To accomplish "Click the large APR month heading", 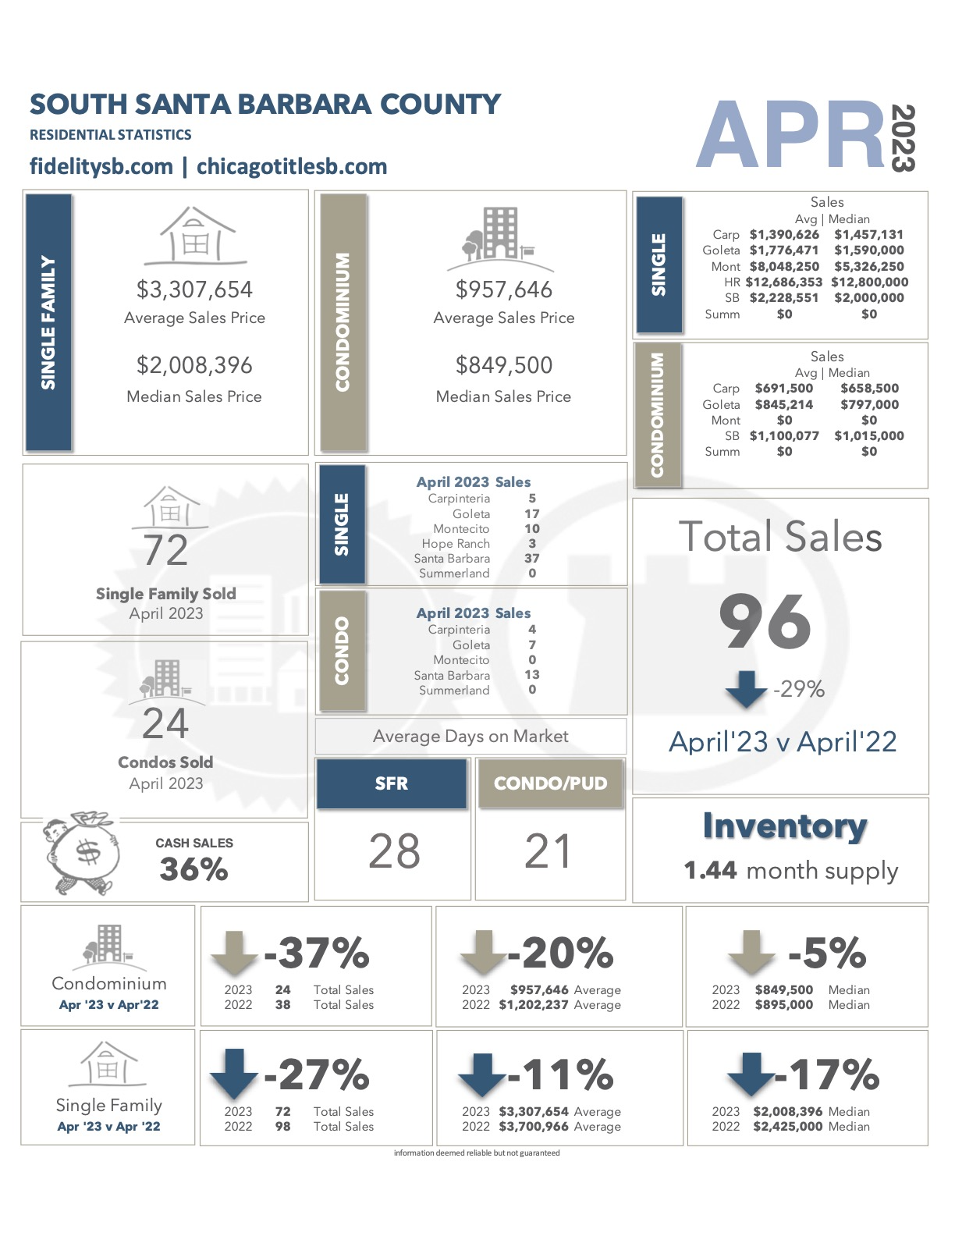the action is click(790, 135).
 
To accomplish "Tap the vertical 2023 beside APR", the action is click(903, 137).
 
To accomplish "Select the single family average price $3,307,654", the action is click(194, 289).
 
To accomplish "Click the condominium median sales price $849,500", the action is click(504, 365).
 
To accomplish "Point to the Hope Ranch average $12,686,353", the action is click(784, 282).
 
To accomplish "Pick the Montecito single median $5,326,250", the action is click(869, 266).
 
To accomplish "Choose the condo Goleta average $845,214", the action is click(784, 404).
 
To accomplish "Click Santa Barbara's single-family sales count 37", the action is click(532, 559).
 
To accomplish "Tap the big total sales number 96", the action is click(765, 621).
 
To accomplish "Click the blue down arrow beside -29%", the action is click(746, 689).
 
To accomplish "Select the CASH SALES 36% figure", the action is click(194, 869).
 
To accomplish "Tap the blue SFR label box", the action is click(392, 783).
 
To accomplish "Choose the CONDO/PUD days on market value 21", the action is click(548, 851).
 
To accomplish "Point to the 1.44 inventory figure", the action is click(711, 870).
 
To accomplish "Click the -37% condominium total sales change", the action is click(317, 953).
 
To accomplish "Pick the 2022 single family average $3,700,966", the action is click(534, 1126).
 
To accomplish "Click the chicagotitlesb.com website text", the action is click(292, 167).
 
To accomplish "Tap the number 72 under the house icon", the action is click(165, 551).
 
